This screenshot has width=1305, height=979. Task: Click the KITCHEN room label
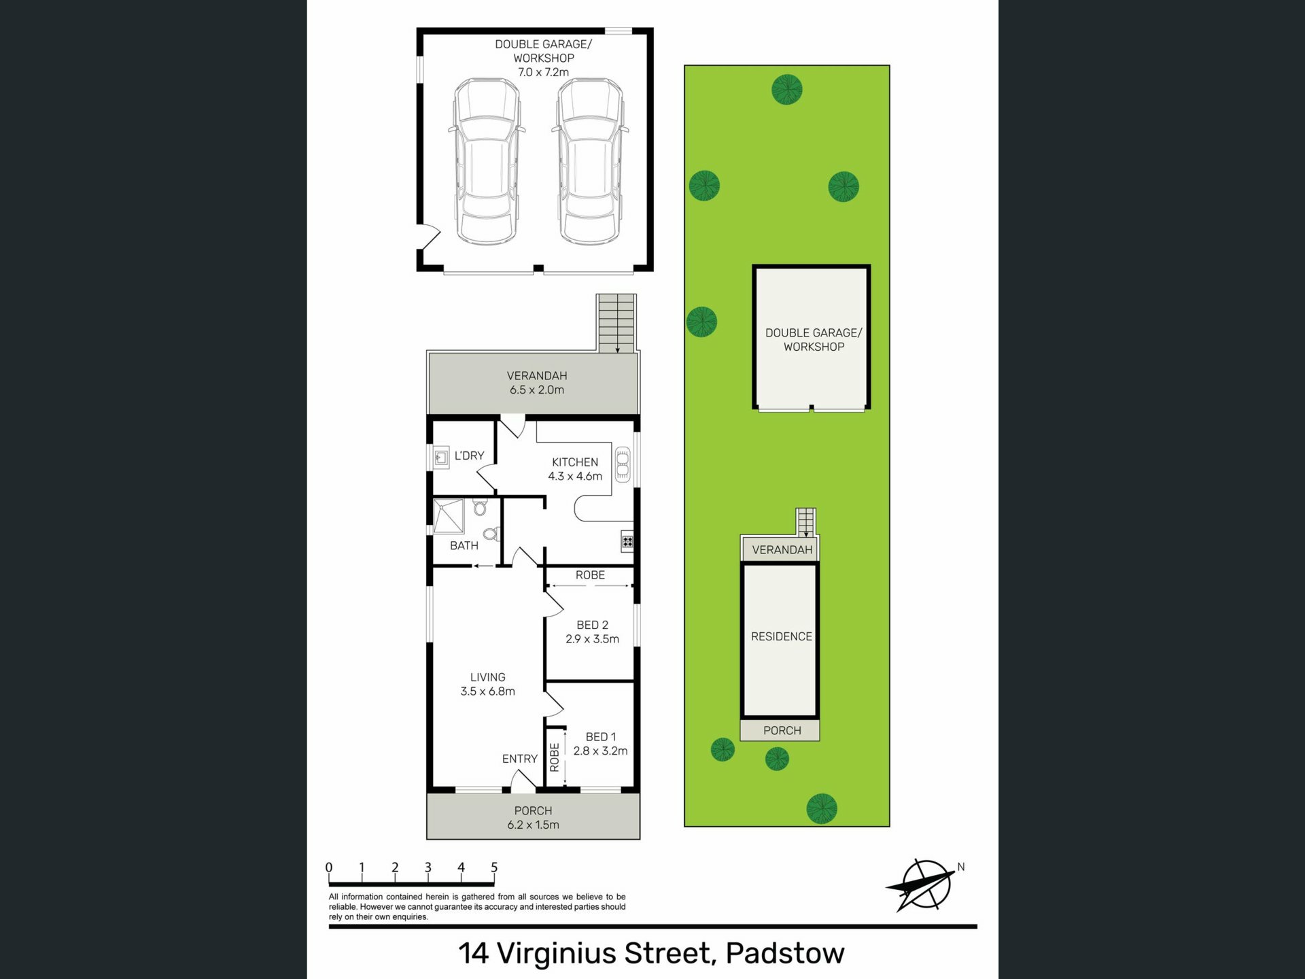coord(575,462)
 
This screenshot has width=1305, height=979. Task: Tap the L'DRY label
coord(469,456)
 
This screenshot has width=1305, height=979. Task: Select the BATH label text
coord(464,545)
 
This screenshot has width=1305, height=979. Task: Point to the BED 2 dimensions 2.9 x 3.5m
coord(593,639)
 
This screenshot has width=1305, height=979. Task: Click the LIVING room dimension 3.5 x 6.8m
coord(488,691)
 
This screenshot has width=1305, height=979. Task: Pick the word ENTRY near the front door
coord(520,759)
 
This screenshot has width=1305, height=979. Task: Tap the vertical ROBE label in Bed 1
coord(555,757)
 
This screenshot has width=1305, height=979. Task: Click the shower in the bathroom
coord(449,516)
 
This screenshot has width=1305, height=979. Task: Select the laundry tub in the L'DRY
coord(441,458)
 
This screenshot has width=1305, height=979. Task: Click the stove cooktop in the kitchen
coord(627,542)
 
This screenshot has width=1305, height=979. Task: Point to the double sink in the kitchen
coord(623,464)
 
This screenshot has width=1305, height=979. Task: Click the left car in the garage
coord(487,161)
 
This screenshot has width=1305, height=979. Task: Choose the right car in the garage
coord(590,161)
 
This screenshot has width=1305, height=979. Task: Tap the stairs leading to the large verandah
coord(616,323)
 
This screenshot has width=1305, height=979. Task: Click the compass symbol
coord(922,884)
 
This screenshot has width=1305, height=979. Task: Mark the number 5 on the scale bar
coord(494,868)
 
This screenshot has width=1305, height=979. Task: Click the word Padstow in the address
coord(785,953)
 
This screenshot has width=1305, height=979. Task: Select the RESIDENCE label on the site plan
coord(782,636)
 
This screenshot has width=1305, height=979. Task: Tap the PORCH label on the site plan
coord(782,730)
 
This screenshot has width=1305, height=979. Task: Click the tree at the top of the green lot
coord(787,89)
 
